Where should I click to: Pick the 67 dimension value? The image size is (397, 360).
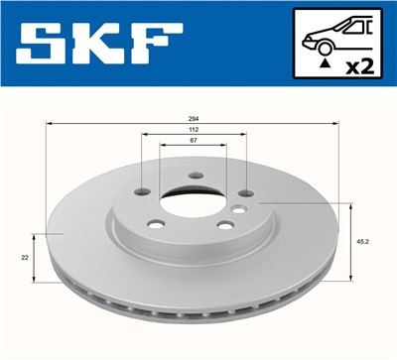click(193, 142)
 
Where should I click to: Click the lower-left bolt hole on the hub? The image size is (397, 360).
click(156, 224)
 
